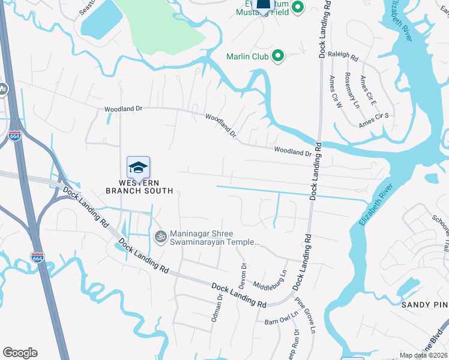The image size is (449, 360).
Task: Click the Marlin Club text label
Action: (246, 57)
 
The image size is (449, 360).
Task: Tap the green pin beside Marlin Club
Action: (277, 56)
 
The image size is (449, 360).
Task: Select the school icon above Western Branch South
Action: (138, 167)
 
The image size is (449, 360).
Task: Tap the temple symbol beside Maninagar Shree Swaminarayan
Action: (160, 236)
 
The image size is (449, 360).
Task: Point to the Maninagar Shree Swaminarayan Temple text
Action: (214, 238)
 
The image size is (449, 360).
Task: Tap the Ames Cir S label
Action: (375, 119)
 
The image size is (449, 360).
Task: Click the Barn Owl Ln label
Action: (282, 318)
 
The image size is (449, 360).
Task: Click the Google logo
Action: (20, 353)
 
